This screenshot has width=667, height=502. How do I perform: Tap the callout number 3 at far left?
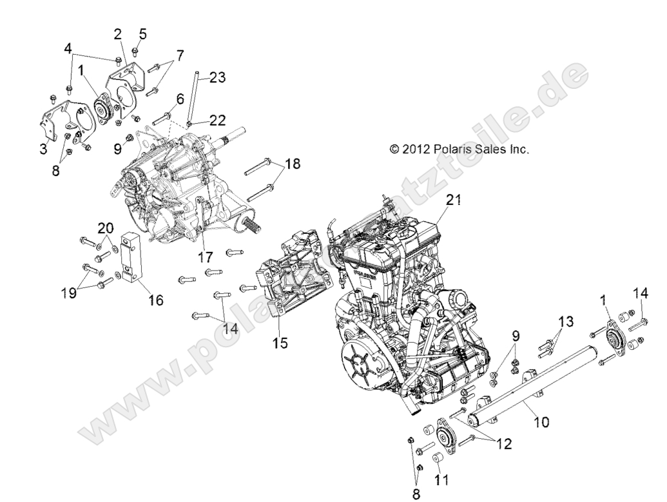[44, 150]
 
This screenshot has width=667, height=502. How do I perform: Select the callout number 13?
[565, 322]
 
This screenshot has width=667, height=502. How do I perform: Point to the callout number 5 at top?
[142, 34]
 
